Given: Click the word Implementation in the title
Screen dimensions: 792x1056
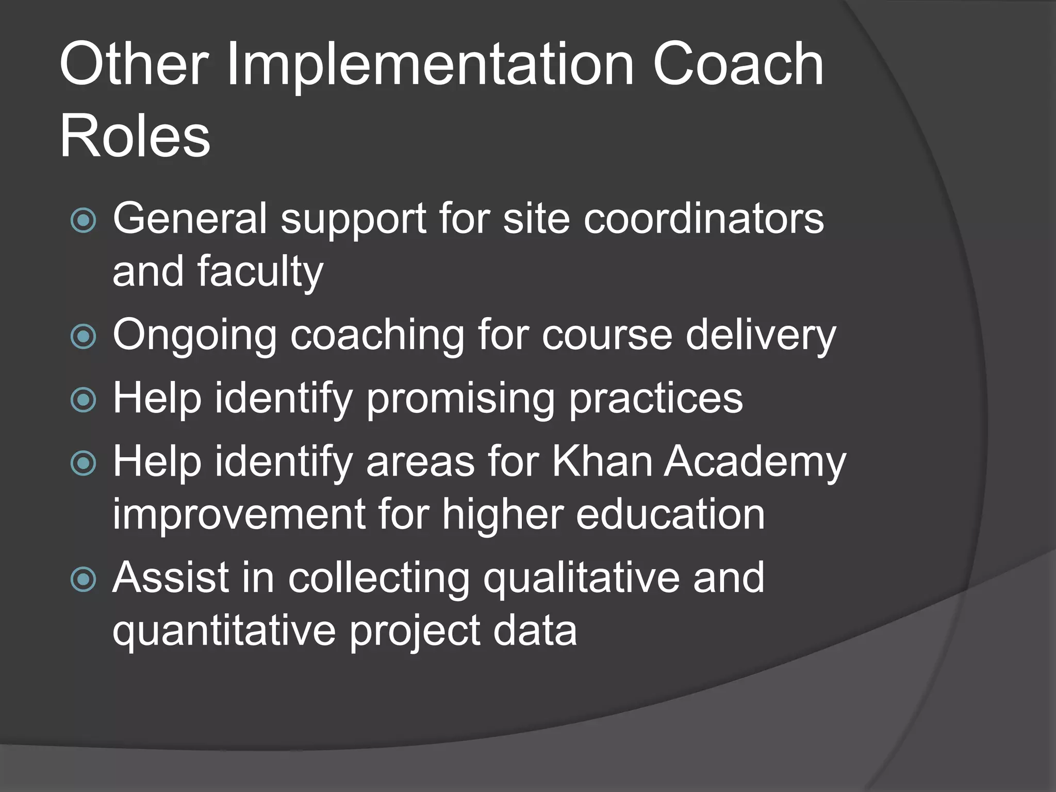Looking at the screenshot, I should click(x=430, y=65).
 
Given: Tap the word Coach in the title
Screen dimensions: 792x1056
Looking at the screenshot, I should click(x=738, y=65).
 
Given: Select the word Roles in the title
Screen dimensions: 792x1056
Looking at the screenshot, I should click(x=135, y=137).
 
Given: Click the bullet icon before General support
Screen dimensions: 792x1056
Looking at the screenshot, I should click(x=84, y=220).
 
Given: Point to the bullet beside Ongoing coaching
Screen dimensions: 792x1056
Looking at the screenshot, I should click(x=84, y=337).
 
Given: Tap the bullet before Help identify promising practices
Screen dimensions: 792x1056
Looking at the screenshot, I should click(x=84, y=400).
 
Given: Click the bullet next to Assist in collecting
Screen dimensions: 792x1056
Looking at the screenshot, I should click(x=84, y=579).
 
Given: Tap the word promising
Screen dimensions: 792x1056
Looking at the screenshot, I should click(x=460, y=399).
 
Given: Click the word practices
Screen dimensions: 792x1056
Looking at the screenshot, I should click(x=656, y=399).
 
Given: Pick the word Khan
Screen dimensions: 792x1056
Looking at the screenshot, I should click(x=602, y=461).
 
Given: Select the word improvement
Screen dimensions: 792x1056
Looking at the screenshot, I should click(x=239, y=515).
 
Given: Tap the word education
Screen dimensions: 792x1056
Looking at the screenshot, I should click(x=670, y=515).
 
